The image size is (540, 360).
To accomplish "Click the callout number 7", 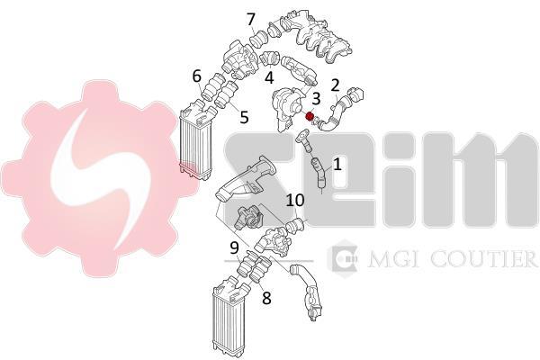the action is coord(251,19).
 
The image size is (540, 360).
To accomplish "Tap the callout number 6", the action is coord(196,76).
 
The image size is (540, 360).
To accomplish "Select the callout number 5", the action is coord(244,117).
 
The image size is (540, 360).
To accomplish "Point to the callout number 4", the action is coord(269,77).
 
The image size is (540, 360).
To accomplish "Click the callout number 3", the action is coord(316,98).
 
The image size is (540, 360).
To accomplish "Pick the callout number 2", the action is coord(335,85).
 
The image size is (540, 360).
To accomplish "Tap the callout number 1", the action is coord(337,164).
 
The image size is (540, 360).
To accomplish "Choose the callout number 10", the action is coord(295,200).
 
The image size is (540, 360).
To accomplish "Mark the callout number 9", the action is coord(234,248).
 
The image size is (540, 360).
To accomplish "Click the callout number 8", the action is coord(266,298).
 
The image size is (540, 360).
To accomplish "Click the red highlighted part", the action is coord(310,116).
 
